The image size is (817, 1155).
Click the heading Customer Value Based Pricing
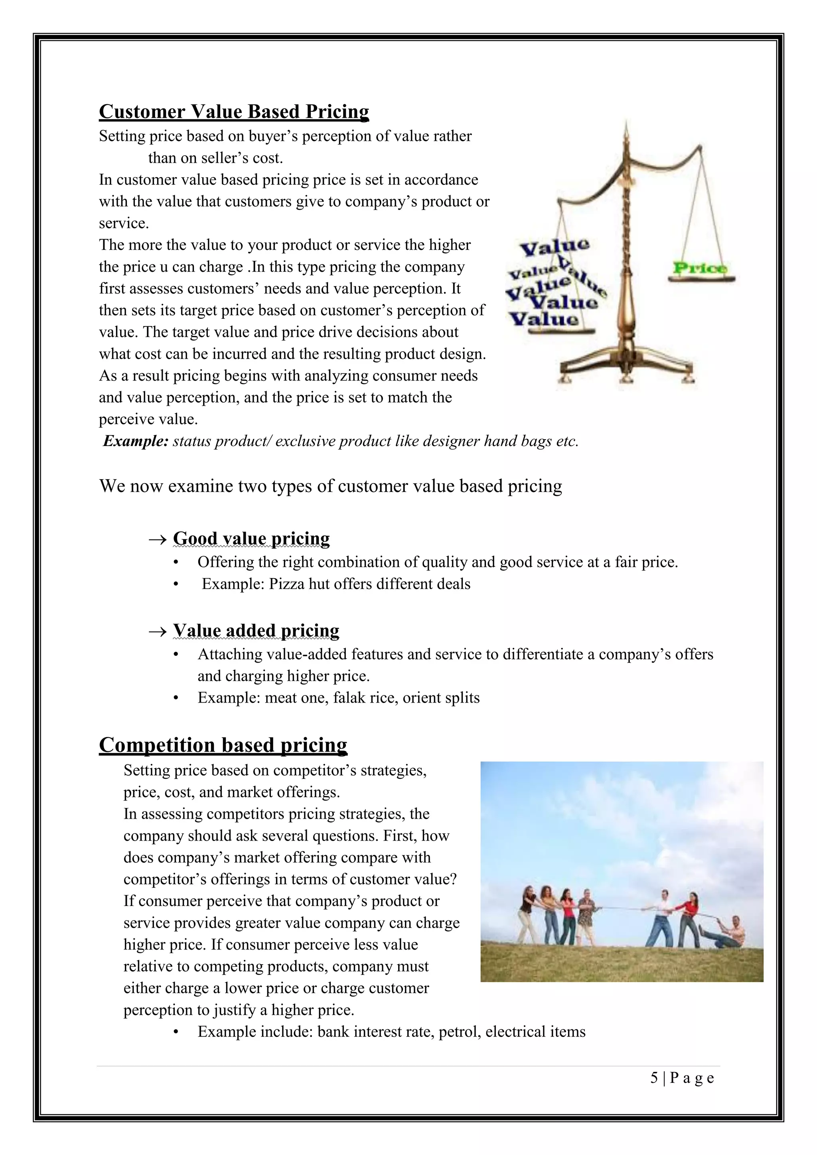[x=234, y=112]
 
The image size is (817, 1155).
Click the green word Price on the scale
[x=700, y=268]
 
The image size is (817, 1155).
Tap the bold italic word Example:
[x=135, y=441]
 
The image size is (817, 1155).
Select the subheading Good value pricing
[x=251, y=538]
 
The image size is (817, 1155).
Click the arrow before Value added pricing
[x=158, y=631]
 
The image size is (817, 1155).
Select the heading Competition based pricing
[x=223, y=745]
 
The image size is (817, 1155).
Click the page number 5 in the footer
[x=654, y=1078]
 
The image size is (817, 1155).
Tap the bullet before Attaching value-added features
[x=176, y=654]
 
